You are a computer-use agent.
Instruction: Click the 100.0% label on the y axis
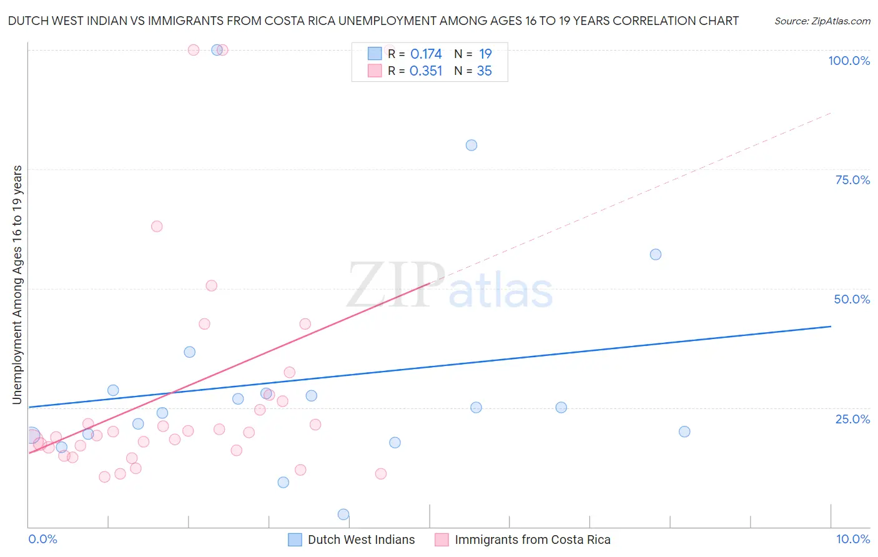[x=849, y=61]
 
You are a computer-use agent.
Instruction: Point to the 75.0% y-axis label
[x=852, y=180]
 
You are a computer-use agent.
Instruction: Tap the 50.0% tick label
[x=852, y=299]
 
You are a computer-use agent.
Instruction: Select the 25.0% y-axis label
[x=852, y=419]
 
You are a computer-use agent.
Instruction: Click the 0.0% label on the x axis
[x=42, y=539]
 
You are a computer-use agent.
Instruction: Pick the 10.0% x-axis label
[x=852, y=539]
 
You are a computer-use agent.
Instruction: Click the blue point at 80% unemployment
[x=471, y=145]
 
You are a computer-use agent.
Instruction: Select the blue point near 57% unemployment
[x=656, y=254]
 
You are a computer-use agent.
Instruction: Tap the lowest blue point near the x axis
[x=343, y=515]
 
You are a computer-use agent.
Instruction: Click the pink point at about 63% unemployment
[x=157, y=226]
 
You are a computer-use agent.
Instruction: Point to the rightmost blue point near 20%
[x=684, y=431]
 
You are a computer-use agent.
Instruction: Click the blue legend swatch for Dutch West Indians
[x=295, y=540]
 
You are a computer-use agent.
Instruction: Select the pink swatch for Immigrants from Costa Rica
[x=441, y=540]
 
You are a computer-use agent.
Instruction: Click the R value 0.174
[x=426, y=54]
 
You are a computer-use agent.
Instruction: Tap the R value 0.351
[x=426, y=71]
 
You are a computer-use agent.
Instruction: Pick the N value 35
[x=484, y=71]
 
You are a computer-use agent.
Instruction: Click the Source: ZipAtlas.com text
[x=822, y=21]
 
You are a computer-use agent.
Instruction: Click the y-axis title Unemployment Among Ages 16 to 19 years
[x=17, y=285]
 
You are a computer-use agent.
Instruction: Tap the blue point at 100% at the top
[x=217, y=50]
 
